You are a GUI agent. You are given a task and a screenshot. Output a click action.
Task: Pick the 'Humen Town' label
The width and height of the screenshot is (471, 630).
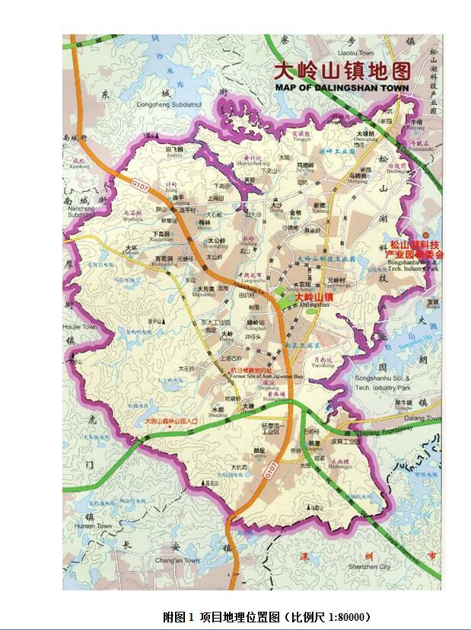click(x=94, y=526)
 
